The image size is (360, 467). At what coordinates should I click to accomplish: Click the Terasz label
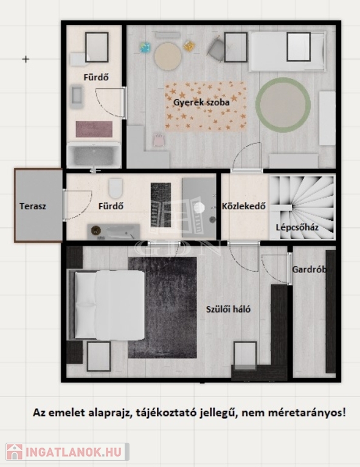(33, 206)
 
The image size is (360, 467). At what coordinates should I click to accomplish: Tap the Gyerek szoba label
(201, 102)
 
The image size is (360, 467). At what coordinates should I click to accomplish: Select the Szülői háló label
(229, 309)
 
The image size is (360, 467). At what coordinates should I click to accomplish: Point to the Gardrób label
(310, 269)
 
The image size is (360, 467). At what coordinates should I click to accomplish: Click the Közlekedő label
(244, 206)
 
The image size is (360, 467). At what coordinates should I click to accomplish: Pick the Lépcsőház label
(297, 227)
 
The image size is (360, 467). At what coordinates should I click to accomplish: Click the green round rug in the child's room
(283, 105)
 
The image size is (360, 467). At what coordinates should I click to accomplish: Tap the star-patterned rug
(206, 106)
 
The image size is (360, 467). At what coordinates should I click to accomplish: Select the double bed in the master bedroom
(107, 305)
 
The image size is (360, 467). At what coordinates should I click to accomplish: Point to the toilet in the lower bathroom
(116, 189)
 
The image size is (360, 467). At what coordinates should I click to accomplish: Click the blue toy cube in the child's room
(145, 47)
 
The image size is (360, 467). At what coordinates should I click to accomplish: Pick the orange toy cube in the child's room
(189, 46)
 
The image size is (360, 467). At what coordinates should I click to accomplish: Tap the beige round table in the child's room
(168, 57)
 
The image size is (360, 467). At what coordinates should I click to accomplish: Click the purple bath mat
(94, 129)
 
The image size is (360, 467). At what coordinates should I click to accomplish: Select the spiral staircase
(302, 207)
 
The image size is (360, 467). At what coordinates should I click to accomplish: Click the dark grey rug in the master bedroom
(162, 307)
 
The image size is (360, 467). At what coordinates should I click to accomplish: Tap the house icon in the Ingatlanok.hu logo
(15, 452)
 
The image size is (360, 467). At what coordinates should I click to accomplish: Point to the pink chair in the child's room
(158, 140)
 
